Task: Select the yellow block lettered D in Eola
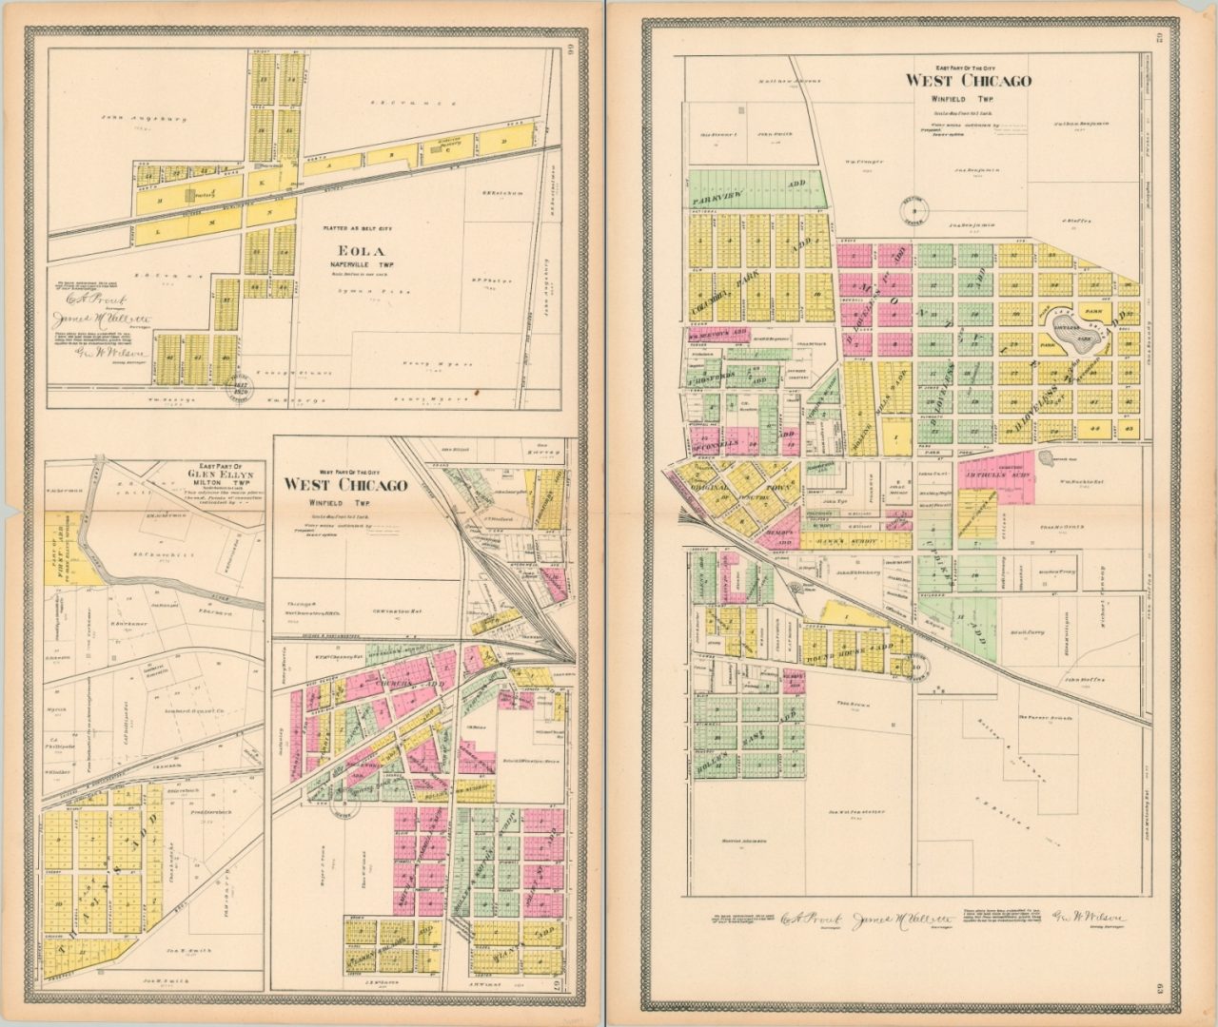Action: [x=504, y=143]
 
